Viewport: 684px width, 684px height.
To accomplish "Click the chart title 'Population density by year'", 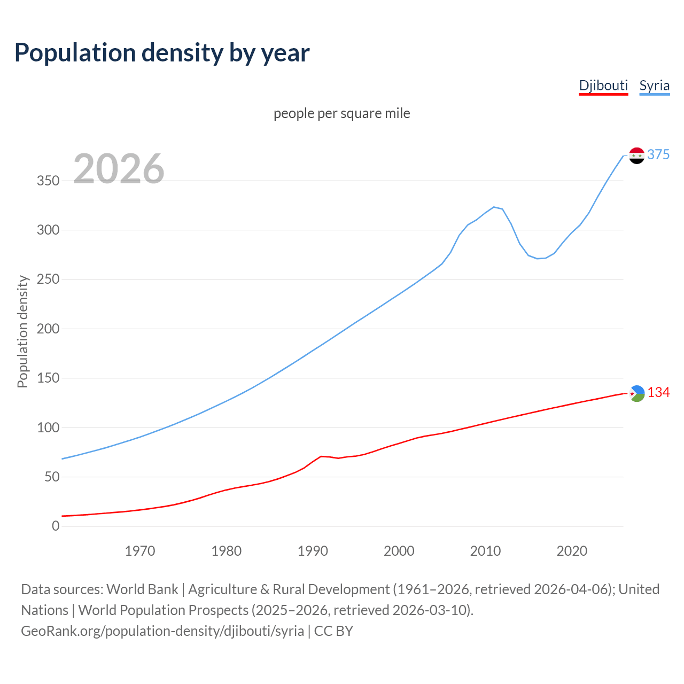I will (162, 52).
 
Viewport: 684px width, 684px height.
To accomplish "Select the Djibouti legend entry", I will (603, 85).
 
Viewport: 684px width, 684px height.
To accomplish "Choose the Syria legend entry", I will (654, 85).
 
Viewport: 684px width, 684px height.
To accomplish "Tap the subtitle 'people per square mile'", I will (341, 113).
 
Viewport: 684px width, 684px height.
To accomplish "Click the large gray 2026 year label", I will (119, 168).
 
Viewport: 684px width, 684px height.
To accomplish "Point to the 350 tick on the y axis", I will (48, 181).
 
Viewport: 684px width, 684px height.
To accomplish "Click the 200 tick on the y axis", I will (48, 329).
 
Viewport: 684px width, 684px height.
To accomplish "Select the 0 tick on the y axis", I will (56, 526).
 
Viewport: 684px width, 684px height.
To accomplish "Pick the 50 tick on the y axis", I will (52, 477).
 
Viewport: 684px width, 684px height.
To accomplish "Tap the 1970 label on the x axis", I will (140, 550).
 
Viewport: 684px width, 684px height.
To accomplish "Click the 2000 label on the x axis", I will (399, 550).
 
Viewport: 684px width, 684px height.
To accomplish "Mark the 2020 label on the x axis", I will (572, 550).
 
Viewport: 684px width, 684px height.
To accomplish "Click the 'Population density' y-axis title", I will (22, 331).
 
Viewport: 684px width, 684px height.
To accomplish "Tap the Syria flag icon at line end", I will (636, 156).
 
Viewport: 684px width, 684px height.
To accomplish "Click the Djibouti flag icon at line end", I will (637, 393).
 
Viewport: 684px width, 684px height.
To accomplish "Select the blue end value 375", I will (658, 154).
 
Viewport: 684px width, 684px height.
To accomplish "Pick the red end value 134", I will (658, 393).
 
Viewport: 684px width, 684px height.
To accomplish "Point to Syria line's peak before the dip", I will (494, 207).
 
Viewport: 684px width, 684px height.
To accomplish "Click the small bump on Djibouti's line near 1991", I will (321, 456).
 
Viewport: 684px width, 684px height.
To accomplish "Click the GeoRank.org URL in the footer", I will (162, 631).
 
